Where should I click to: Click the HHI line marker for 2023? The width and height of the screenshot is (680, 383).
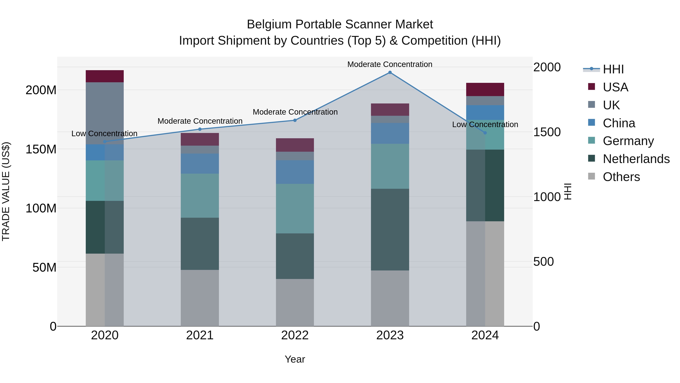(x=390, y=72)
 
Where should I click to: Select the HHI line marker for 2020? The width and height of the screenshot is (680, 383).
(x=105, y=142)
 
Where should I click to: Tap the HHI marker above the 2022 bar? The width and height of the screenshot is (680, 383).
(x=295, y=120)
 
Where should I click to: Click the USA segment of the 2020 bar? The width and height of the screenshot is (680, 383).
(x=105, y=76)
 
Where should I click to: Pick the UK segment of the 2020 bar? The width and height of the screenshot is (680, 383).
(x=105, y=113)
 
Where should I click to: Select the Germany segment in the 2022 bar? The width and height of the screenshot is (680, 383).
(x=295, y=209)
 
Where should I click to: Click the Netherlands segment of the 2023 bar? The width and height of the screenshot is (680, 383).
(x=390, y=229)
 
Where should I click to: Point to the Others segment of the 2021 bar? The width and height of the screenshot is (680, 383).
(x=200, y=298)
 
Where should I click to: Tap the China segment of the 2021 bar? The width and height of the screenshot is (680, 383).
(x=200, y=164)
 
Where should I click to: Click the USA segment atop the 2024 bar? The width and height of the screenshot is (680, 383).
(x=485, y=89)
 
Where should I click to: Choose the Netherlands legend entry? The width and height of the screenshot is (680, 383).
(x=636, y=159)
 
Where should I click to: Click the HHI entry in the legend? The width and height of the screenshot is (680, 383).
(x=613, y=69)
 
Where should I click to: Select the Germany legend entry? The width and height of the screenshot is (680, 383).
(x=628, y=141)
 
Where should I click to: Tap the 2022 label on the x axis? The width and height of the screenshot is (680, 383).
(x=295, y=335)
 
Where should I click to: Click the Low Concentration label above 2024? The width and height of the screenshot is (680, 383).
(x=485, y=124)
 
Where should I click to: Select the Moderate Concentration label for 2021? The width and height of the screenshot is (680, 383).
(x=200, y=121)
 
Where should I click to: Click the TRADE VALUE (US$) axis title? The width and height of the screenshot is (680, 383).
(x=6, y=191)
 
